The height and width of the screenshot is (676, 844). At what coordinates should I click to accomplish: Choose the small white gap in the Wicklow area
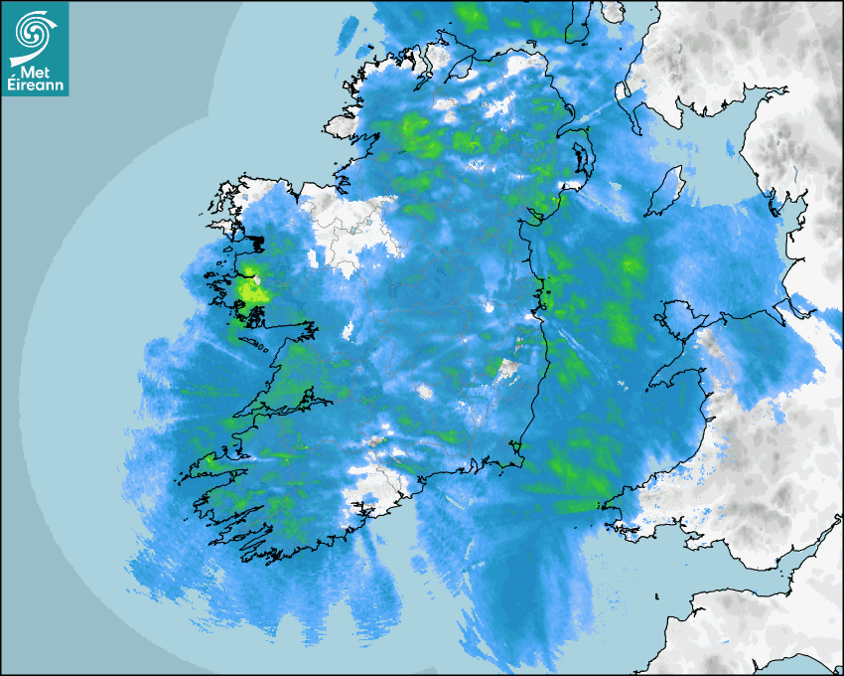(x=509, y=370)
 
